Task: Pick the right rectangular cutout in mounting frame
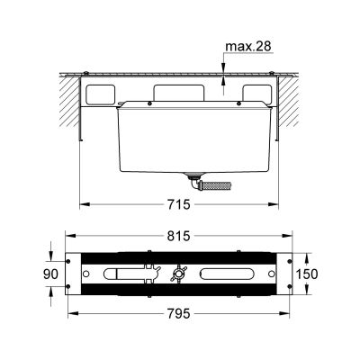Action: coord(256,94)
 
